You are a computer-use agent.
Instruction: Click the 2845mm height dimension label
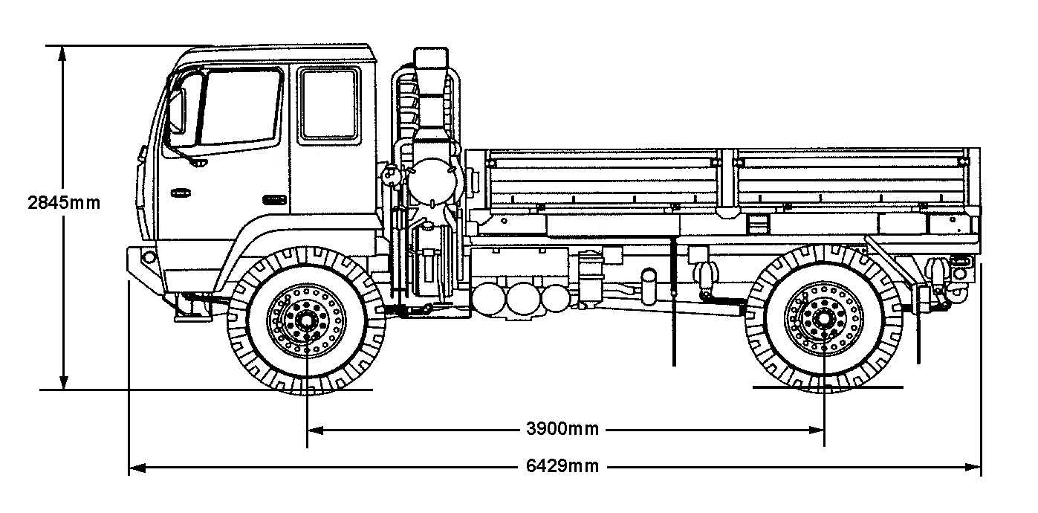click(63, 202)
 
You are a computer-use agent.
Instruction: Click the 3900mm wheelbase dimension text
click(562, 429)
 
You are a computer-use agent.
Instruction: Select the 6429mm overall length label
click(562, 467)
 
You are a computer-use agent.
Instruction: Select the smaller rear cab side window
click(329, 104)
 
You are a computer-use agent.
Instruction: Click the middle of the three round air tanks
click(518, 298)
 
